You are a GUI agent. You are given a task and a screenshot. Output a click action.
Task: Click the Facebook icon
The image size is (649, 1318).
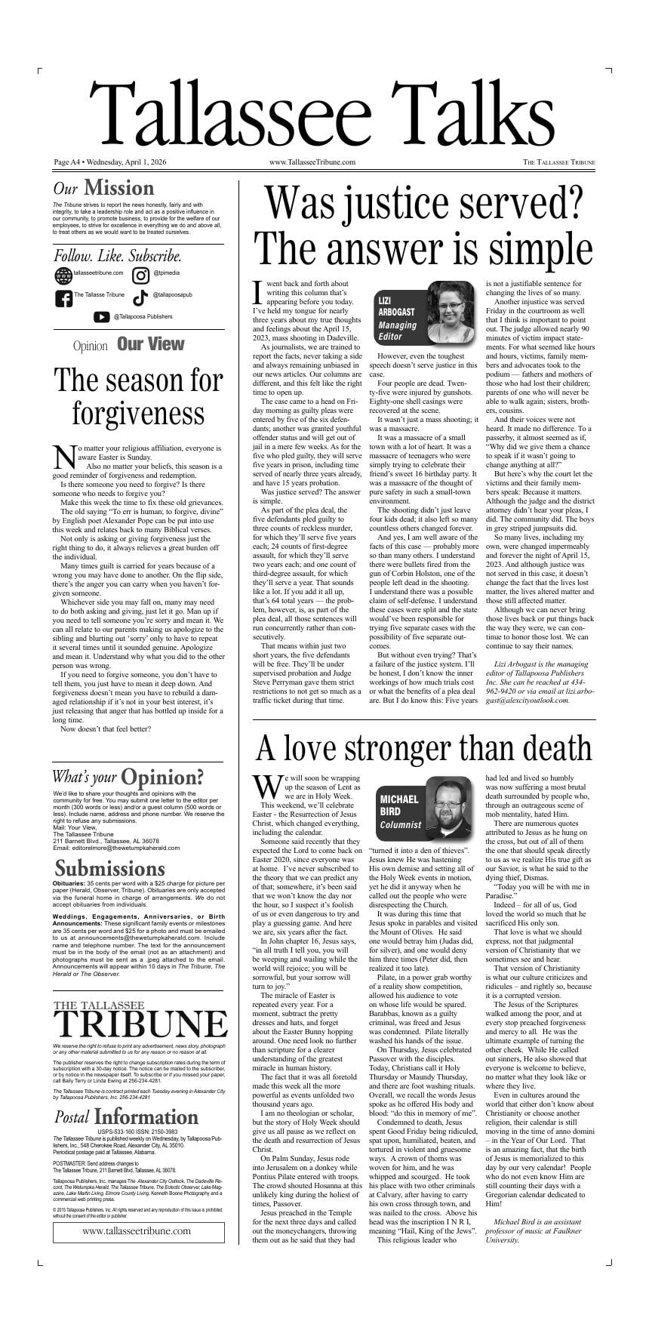[x=63, y=298]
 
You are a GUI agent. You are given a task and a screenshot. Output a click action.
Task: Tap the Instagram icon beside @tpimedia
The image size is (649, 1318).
[x=140, y=276]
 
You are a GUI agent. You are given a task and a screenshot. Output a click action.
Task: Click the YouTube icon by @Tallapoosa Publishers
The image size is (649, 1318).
[x=102, y=317]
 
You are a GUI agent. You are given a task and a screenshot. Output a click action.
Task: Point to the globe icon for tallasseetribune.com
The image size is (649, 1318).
[x=63, y=276]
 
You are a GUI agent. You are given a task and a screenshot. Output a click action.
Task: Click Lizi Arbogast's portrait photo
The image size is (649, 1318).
[x=456, y=312]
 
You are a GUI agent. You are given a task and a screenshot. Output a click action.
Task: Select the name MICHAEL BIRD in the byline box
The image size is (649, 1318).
[x=399, y=805]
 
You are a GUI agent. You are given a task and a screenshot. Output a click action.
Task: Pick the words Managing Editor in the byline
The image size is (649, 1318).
[x=397, y=331]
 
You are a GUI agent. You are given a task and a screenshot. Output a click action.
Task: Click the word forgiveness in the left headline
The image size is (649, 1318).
[x=138, y=414]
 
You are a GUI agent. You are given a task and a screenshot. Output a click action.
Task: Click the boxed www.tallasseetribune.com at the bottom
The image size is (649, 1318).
[x=137, y=1231]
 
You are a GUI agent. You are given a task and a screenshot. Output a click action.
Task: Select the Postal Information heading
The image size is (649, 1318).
[x=125, y=1118]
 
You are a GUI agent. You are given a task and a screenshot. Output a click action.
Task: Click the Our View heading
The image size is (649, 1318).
[x=150, y=344]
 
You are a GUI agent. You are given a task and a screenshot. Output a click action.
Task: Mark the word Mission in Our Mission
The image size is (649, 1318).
[x=118, y=188]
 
